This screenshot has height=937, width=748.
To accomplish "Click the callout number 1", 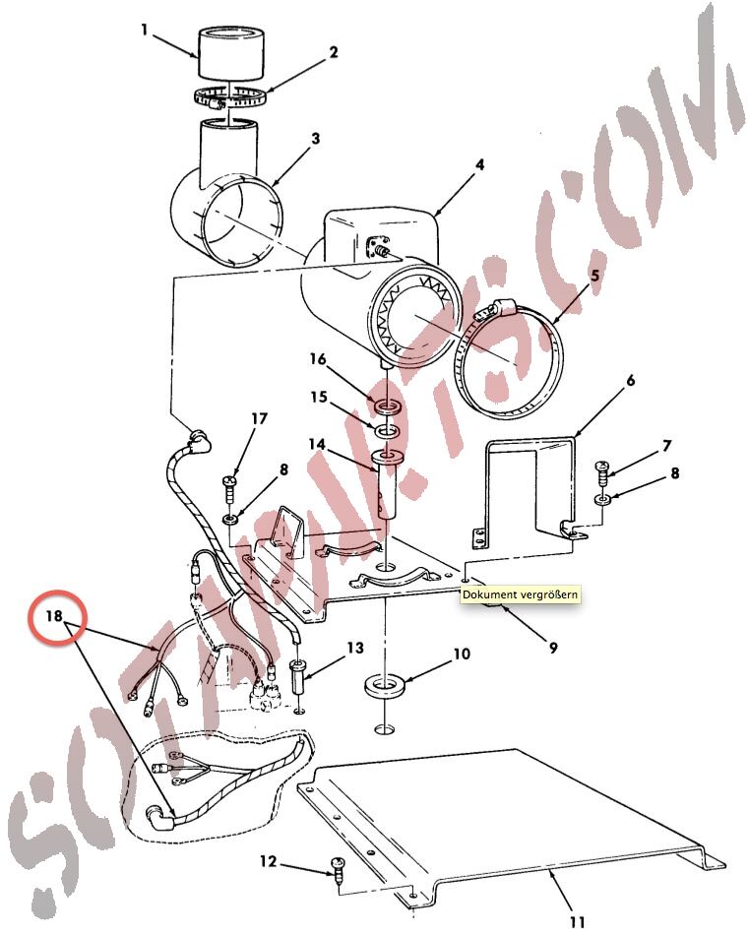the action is [144, 30].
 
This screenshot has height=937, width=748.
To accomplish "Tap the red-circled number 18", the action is [54, 615].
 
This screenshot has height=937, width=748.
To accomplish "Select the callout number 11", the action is [577, 922].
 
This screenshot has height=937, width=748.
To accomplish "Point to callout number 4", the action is [479, 164].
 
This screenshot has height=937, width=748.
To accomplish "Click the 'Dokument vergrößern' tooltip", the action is [520, 594].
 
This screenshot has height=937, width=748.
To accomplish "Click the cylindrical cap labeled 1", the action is [230, 53].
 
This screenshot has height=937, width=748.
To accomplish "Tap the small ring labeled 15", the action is [387, 431].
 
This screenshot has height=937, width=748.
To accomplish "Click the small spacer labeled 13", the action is [297, 677].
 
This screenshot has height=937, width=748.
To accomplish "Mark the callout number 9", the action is [553, 648].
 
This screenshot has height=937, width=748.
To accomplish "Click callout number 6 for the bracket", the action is [631, 381].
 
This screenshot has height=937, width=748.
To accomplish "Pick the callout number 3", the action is [316, 138].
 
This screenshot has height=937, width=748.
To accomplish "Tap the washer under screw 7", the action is [602, 499].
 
